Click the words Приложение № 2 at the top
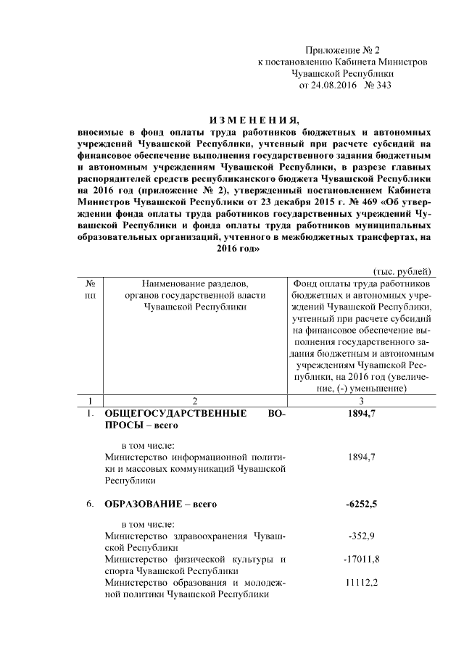point(343,50)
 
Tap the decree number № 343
point(378,86)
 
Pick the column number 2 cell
point(195,400)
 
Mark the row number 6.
point(89,503)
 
